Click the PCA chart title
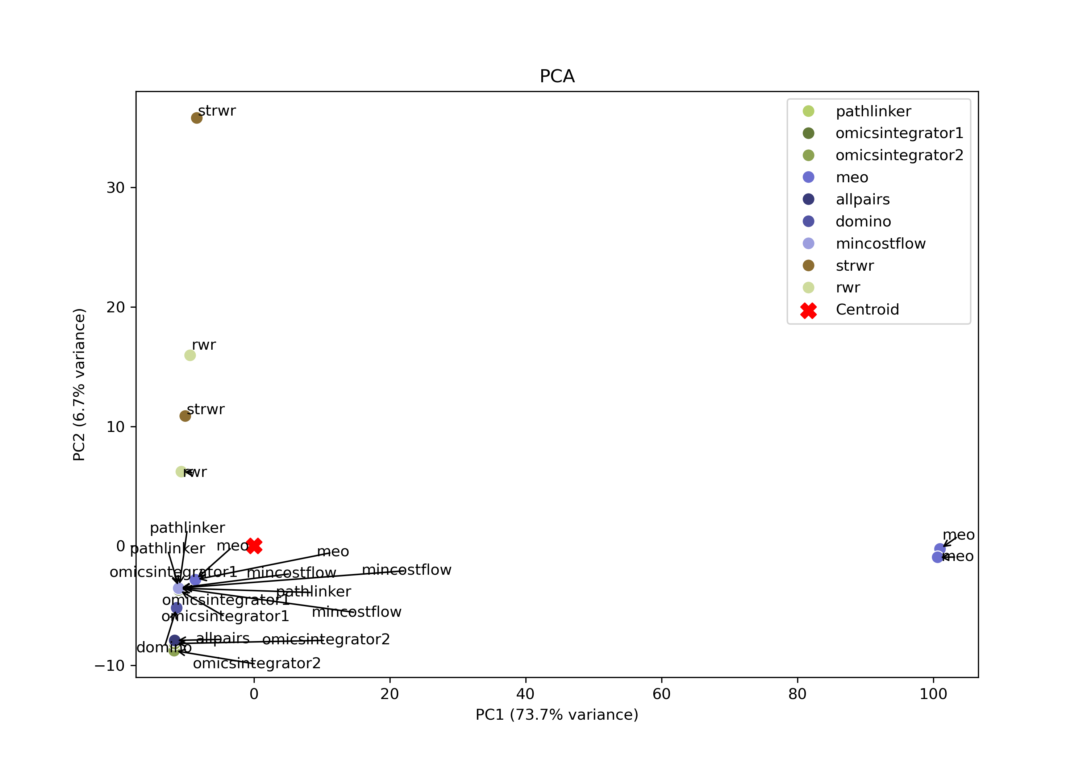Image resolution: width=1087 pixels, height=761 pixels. tap(557, 76)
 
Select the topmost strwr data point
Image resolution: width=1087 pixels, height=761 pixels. tap(196, 118)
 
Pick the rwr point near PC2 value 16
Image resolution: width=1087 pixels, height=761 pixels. tap(190, 355)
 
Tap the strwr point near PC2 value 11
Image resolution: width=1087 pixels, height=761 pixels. tap(185, 416)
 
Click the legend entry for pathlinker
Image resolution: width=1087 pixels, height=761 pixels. tap(873, 111)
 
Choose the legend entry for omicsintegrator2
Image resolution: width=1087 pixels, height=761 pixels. tap(899, 155)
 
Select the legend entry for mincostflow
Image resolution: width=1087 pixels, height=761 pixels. tap(880, 244)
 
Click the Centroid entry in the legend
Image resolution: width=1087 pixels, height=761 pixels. tap(867, 310)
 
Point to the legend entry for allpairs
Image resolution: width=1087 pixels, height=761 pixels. tap(862, 199)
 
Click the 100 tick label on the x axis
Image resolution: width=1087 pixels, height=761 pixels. tap(933, 694)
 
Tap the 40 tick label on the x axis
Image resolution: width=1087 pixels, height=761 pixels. tap(525, 694)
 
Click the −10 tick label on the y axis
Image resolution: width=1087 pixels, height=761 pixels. tap(109, 665)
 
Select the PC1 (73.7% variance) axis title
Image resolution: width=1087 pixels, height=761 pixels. tap(557, 715)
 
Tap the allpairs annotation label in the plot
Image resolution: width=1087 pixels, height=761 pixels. tap(222, 639)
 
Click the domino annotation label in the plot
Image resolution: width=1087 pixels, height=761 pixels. tap(164, 647)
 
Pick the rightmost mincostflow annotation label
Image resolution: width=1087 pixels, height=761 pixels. tap(406, 570)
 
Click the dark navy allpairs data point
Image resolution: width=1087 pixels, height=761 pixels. tap(175, 640)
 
